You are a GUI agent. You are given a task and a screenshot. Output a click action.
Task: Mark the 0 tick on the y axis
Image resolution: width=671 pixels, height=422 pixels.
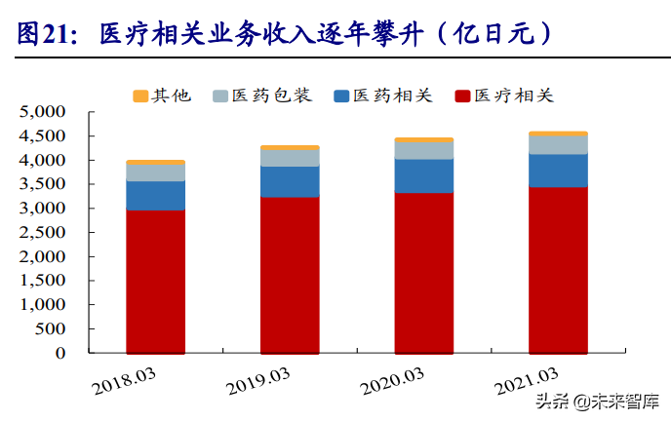[60, 353]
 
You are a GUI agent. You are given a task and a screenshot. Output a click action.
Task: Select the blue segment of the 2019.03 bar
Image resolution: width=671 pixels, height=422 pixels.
[290, 181]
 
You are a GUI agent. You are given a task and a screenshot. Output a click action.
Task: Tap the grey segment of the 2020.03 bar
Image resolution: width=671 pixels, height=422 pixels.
[423, 150]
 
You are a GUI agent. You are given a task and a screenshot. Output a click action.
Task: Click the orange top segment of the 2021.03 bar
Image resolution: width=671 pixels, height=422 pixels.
[558, 134]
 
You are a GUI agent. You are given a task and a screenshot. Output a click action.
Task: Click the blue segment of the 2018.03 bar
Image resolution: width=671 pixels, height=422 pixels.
[155, 195]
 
